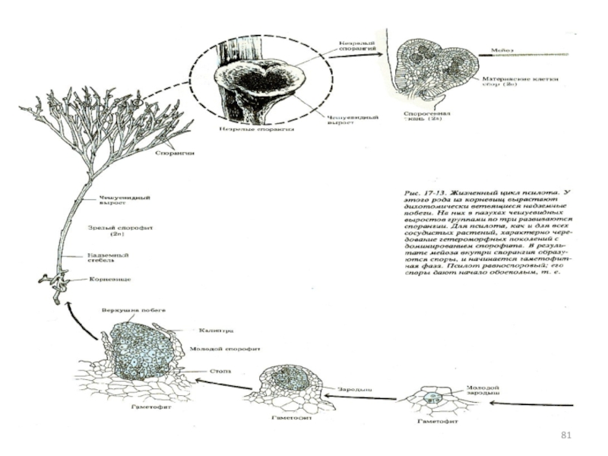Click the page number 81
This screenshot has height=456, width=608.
(x=565, y=435)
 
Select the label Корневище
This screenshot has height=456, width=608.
(x=113, y=280)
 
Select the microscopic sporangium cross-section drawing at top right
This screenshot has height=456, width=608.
(x=434, y=71)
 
